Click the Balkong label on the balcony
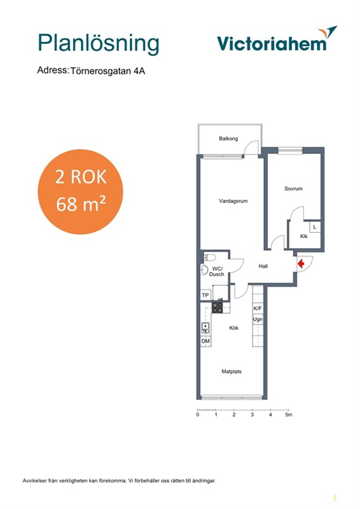tap(228, 139)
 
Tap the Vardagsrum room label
tap(233, 201)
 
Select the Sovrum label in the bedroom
tap(293, 188)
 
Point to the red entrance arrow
tap(301, 263)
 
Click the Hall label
tap(263, 266)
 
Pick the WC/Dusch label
tap(216, 272)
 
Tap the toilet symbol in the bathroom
tap(210, 258)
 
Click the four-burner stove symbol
tap(218, 308)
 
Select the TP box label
tap(205, 295)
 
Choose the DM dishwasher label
tap(205, 341)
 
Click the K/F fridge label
tap(258, 309)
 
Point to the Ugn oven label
tap(258, 319)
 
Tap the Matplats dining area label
tap(232, 372)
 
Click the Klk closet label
tap(304, 236)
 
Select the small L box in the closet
tap(315, 227)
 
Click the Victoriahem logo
tap(277, 39)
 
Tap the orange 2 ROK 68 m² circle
tap(81, 192)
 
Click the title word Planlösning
tap(99, 44)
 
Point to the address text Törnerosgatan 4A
tap(107, 71)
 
